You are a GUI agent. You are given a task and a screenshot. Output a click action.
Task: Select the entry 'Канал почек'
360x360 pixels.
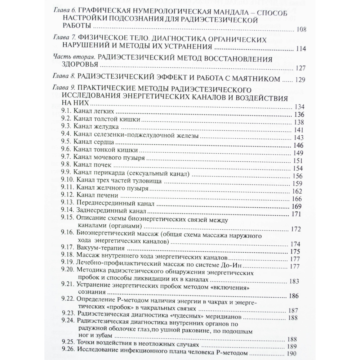(92, 165)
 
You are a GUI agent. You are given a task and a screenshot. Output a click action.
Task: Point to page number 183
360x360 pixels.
(294, 281)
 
